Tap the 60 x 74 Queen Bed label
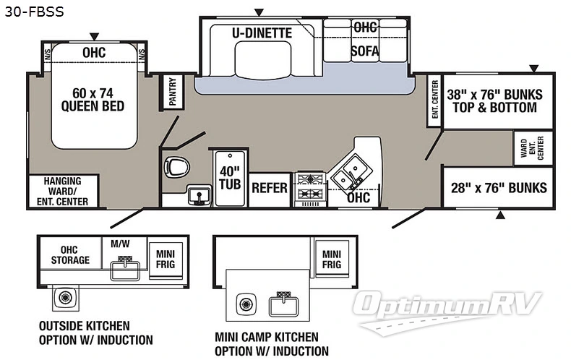pyautogui.click(x=93, y=99)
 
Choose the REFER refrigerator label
pyautogui.click(x=270, y=188)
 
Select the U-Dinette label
pyautogui.click(x=262, y=33)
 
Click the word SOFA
pyautogui.click(x=365, y=51)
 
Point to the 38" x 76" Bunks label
pyautogui.click(x=491, y=100)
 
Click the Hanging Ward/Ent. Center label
pyautogui.click(x=61, y=191)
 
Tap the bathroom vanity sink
pyautogui.click(x=196, y=194)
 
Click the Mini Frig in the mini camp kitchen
pyautogui.click(x=331, y=259)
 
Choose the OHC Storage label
pyautogui.click(x=70, y=254)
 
